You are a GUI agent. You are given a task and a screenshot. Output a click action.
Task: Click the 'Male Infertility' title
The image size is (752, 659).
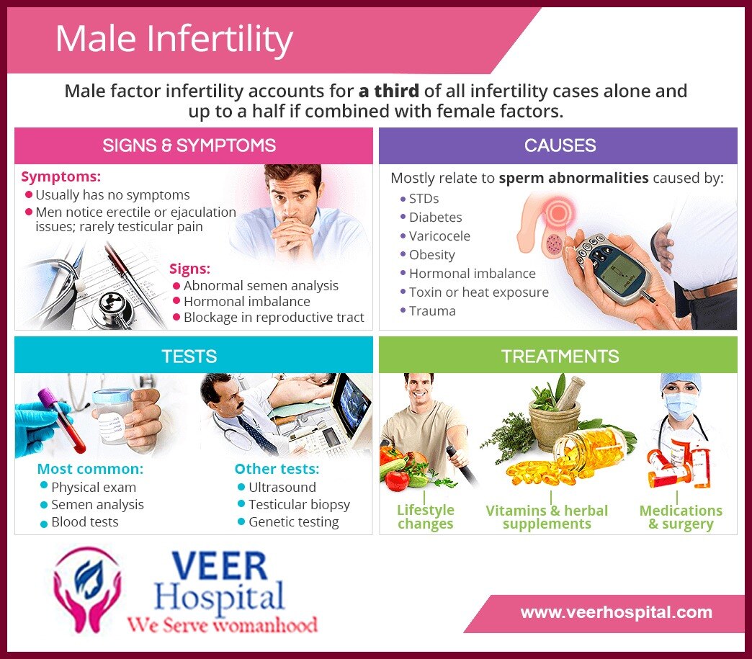click(x=174, y=39)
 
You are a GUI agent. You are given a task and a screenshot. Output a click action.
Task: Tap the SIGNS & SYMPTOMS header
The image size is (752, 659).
click(x=189, y=145)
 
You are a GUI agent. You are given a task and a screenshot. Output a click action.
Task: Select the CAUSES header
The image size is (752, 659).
click(x=560, y=145)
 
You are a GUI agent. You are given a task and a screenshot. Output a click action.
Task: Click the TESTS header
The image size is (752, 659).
click(x=189, y=357)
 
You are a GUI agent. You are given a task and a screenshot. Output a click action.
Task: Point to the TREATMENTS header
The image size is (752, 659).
click(x=560, y=357)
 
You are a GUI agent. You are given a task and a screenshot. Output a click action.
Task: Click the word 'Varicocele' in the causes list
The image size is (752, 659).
click(x=439, y=236)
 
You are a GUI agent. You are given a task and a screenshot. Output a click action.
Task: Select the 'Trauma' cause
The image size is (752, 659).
click(x=432, y=311)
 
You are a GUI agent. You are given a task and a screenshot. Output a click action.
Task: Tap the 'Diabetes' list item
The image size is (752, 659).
click(x=436, y=218)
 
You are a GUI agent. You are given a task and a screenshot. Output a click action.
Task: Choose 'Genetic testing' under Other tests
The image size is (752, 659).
click(x=293, y=522)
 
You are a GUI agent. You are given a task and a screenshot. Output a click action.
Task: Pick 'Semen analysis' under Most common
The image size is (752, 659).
click(x=97, y=505)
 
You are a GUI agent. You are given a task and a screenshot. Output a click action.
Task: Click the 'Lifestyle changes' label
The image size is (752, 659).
click(x=426, y=516)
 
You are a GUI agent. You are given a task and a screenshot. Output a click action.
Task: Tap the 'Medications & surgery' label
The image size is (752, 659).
click(x=681, y=517)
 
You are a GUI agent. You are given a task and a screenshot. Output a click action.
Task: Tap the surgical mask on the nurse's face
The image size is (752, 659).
click(x=680, y=406)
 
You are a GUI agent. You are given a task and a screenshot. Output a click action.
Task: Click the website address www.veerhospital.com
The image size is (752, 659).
click(x=617, y=612)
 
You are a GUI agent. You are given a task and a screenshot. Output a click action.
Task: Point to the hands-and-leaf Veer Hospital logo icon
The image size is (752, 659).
click(x=87, y=589)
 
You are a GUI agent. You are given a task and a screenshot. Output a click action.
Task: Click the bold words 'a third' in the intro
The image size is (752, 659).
click(x=388, y=91)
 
